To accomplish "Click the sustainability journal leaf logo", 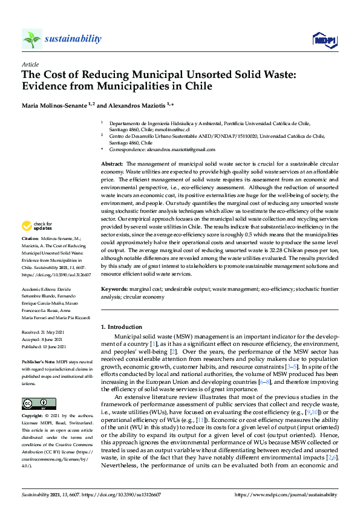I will (32, 39).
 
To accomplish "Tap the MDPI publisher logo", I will (324, 40).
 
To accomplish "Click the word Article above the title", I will (30, 63).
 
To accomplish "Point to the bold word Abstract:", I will (113, 164).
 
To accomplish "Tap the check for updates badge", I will (38, 226).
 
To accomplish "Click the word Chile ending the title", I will (199, 86).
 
